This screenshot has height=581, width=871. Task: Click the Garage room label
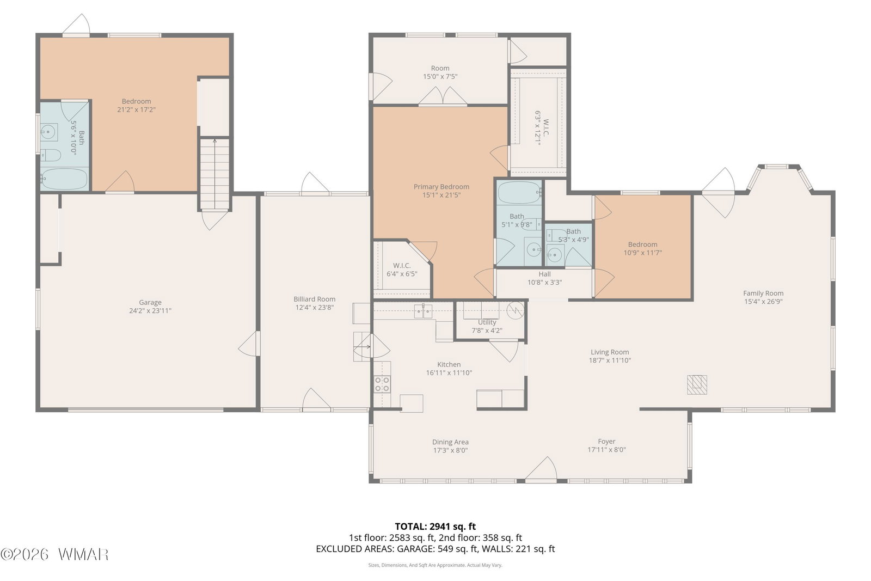pyautogui.click(x=150, y=303)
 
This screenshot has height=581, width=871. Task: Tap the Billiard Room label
pyautogui.click(x=314, y=299)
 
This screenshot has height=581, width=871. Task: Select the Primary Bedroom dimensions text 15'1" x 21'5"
pyautogui.click(x=441, y=195)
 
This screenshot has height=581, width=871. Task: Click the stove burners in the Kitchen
pyautogui.click(x=382, y=384)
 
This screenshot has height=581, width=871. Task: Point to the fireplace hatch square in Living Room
pyautogui.click(x=696, y=384)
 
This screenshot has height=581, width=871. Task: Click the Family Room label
pyautogui.click(x=763, y=293)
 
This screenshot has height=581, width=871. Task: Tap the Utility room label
pyautogui.click(x=487, y=322)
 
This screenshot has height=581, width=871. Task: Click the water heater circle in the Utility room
pyautogui.click(x=515, y=311)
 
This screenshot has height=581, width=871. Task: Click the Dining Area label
pyautogui.click(x=450, y=442)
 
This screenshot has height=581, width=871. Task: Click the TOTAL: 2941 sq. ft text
pyautogui.click(x=435, y=526)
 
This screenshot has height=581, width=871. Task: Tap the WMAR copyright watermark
pyautogui.click(x=54, y=555)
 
